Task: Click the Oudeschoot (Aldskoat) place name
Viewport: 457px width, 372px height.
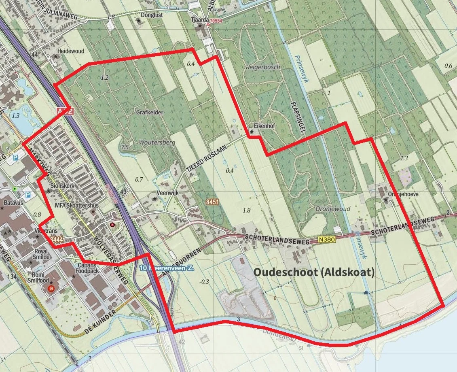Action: [314, 272]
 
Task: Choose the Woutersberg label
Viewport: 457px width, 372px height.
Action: [157, 142]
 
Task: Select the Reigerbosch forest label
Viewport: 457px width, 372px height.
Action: [263, 67]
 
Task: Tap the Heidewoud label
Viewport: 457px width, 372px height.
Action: [70, 51]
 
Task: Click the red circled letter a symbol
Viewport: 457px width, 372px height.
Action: [51, 289]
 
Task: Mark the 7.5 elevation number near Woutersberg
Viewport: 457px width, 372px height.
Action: [125, 147]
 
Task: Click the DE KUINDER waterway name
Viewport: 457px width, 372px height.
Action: [101, 323]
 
